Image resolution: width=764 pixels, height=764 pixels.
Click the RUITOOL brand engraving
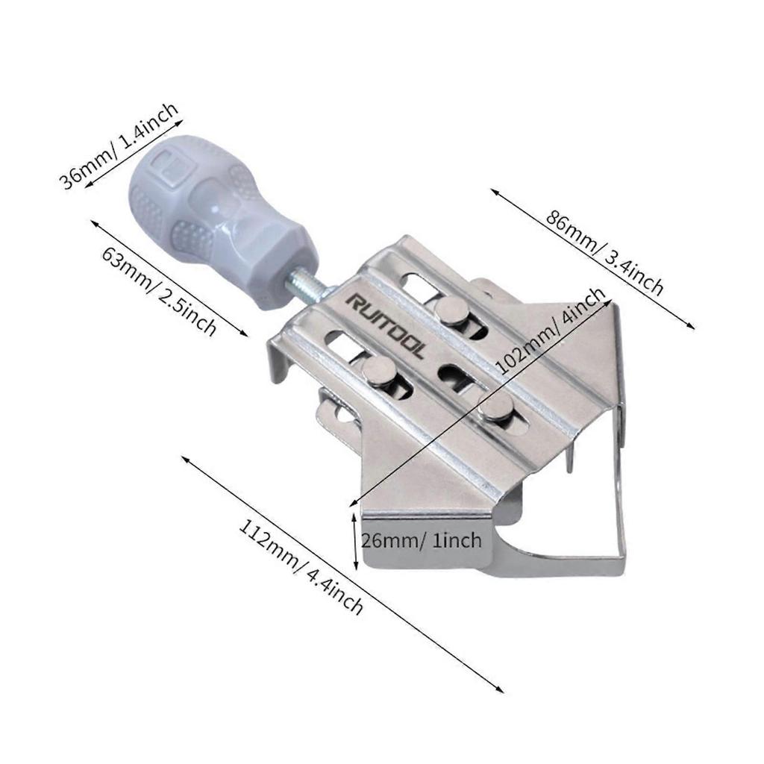(385, 326)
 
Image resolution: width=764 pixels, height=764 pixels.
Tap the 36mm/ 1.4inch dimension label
(119, 145)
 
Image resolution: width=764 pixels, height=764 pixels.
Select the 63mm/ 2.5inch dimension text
(159, 291)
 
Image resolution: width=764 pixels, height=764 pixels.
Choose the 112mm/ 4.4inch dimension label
(301, 568)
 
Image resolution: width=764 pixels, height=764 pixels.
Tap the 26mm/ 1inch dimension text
(422, 540)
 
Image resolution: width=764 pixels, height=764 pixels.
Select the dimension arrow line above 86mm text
(592, 259)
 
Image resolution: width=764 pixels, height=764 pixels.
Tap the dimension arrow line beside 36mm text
(131, 151)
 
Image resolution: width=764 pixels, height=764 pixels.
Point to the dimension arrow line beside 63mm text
(169, 278)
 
